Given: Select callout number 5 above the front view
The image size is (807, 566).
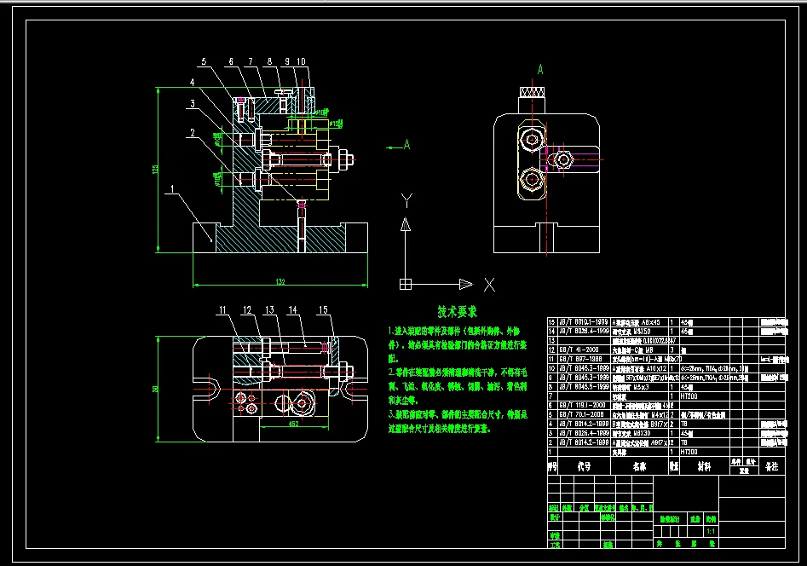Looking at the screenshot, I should [204, 62].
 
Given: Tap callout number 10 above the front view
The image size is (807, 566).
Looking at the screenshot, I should [302, 62].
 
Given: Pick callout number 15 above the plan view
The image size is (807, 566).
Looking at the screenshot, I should [323, 309].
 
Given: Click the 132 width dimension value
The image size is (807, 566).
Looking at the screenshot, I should [280, 280].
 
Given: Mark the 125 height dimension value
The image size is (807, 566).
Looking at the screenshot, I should [155, 169].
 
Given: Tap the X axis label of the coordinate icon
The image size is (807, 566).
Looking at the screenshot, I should [488, 283].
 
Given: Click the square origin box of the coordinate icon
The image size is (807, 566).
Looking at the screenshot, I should [406, 283].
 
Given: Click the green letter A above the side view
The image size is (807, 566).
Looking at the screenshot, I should [539, 68].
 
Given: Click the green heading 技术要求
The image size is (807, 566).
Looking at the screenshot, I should [458, 312].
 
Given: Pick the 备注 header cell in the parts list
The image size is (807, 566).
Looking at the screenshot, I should [771, 467].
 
